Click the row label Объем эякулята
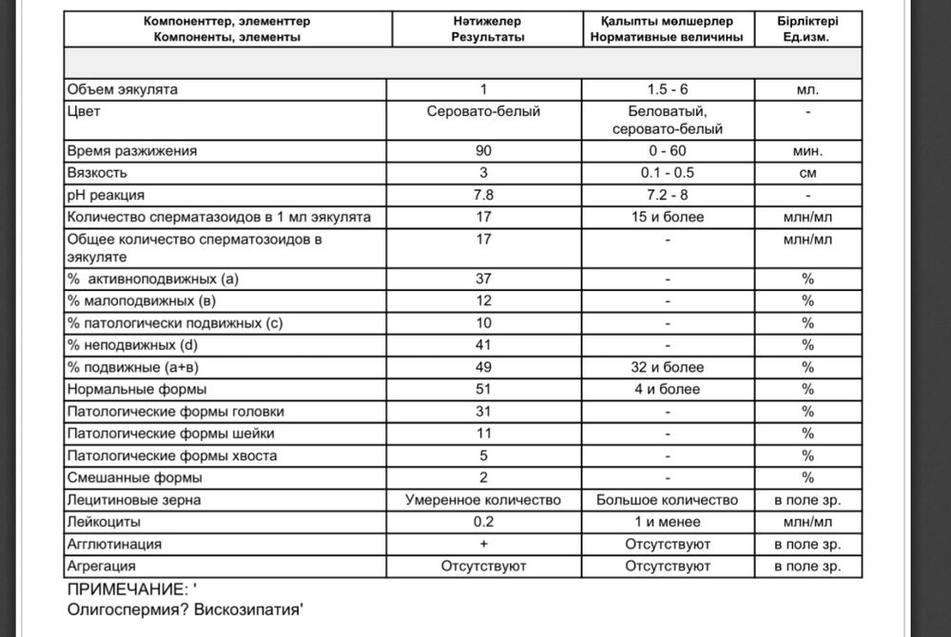point(122,90)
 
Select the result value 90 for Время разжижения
point(483,151)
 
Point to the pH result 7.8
point(483,196)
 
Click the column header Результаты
point(483,37)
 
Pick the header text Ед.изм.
point(807,37)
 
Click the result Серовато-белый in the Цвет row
point(483,112)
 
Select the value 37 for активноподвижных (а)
point(483,279)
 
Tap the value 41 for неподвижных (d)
point(483,345)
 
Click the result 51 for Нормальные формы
point(483,389)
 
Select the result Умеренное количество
point(483,500)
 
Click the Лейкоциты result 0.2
point(483,522)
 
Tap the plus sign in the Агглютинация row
point(483,544)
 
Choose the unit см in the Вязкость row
point(807,174)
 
